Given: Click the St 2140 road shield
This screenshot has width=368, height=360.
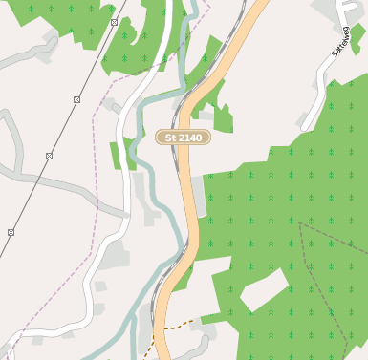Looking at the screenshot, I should pos(184,138).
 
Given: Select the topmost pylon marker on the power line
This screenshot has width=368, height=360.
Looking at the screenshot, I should pos(114,21).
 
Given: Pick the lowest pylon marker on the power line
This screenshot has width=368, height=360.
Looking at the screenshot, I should pos(11,232).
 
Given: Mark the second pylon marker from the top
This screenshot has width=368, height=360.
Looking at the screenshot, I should pos(76,99).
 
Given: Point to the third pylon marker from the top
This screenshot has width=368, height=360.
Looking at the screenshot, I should pos(49,156).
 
